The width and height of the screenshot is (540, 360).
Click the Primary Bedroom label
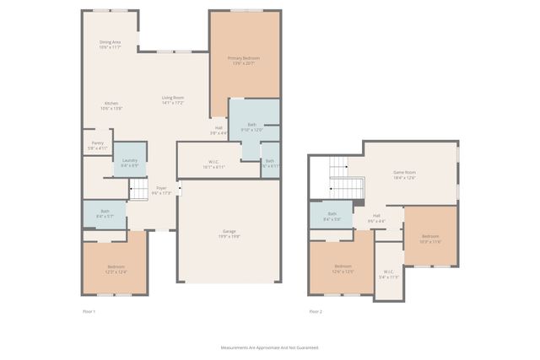[x=244, y=60]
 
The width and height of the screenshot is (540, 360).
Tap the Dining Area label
[x=111, y=44]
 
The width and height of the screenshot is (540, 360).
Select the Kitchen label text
[x=111, y=105]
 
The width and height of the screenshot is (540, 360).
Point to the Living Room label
[x=173, y=100]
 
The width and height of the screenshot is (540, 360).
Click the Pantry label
[x=98, y=146]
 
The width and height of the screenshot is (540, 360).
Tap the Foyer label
[x=161, y=191]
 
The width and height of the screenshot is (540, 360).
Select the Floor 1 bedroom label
[x=116, y=268]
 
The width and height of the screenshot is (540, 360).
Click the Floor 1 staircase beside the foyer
[x=138, y=191]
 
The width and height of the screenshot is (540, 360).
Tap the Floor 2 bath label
[x=332, y=215]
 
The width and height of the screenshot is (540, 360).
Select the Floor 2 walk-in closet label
[x=388, y=274]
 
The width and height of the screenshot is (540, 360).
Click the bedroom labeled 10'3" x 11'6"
[x=430, y=239]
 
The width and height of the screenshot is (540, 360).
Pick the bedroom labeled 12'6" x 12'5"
[x=342, y=269]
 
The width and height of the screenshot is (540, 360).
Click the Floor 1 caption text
[x=89, y=312]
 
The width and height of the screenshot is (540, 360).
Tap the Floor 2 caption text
[x=316, y=312]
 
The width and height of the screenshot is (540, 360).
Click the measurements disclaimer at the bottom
[x=269, y=347]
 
